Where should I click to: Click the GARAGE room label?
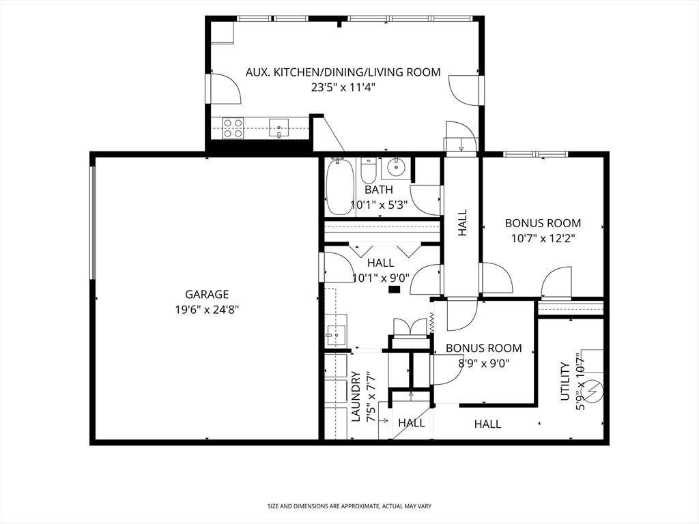click(207, 295)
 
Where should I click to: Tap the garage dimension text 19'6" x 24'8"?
click(208, 310)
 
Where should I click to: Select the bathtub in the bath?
click(340, 187)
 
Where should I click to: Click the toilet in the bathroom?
click(369, 170)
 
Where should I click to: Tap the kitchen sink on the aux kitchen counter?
click(279, 128)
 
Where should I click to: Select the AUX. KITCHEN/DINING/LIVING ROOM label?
click(343, 72)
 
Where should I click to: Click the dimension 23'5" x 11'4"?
click(343, 87)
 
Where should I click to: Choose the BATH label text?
click(379, 190)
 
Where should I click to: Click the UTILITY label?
click(565, 381)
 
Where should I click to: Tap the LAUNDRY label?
click(356, 397)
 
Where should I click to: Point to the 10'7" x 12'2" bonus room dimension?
click(543, 238)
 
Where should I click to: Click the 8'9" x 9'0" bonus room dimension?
click(484, 363)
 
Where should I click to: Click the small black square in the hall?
click(395, 289)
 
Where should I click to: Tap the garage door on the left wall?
click(93, 223)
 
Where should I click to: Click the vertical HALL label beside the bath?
click(463, 223)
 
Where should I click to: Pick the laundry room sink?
click(336, 330)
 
